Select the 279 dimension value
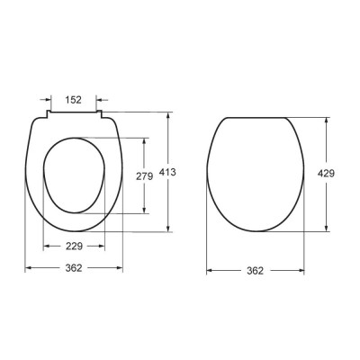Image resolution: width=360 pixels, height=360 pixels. [x=145, y=176]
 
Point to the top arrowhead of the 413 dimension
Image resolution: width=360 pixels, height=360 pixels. [x=169, y=115]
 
